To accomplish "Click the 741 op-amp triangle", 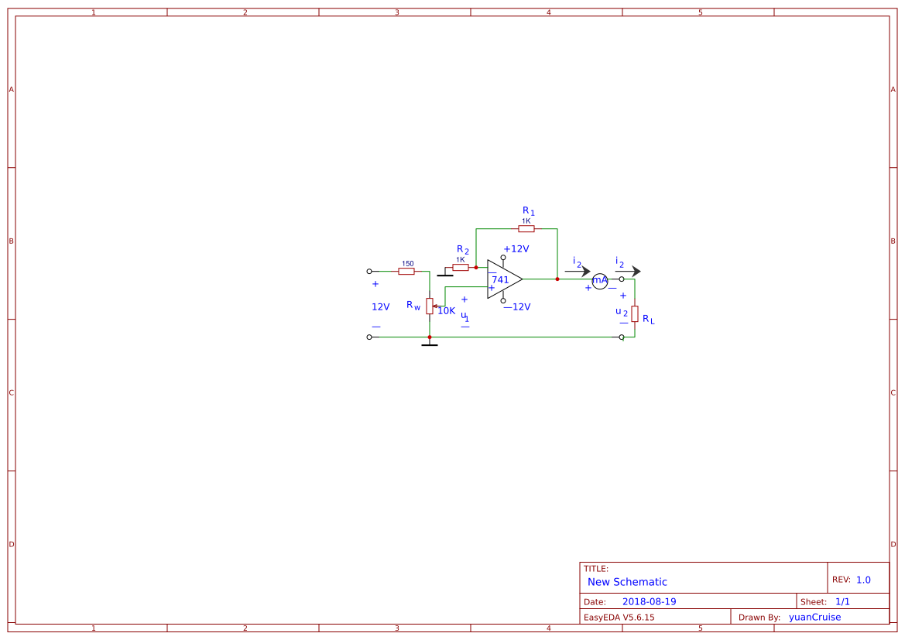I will [503, 279].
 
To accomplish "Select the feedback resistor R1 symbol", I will [526, 229].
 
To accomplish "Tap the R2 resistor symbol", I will [461, 268].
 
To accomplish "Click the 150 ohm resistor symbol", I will [406, 272].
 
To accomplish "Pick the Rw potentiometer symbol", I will [430, 306].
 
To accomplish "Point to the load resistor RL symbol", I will [635, 313].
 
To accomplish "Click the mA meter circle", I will [600, 280].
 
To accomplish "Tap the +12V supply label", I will [516, 249].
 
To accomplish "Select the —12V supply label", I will [516, 307].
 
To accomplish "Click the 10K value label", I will [447, 311].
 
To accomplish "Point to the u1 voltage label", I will [464, 316].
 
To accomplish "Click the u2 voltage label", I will [621, 312].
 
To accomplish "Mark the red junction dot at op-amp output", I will [557, 279].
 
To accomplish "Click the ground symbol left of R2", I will [444, 273].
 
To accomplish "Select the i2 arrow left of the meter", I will [578, 272].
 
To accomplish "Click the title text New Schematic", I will [627, 582].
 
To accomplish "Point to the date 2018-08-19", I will [649, 602].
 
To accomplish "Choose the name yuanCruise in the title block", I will [814, 618].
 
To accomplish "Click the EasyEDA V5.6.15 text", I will [619, 618].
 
